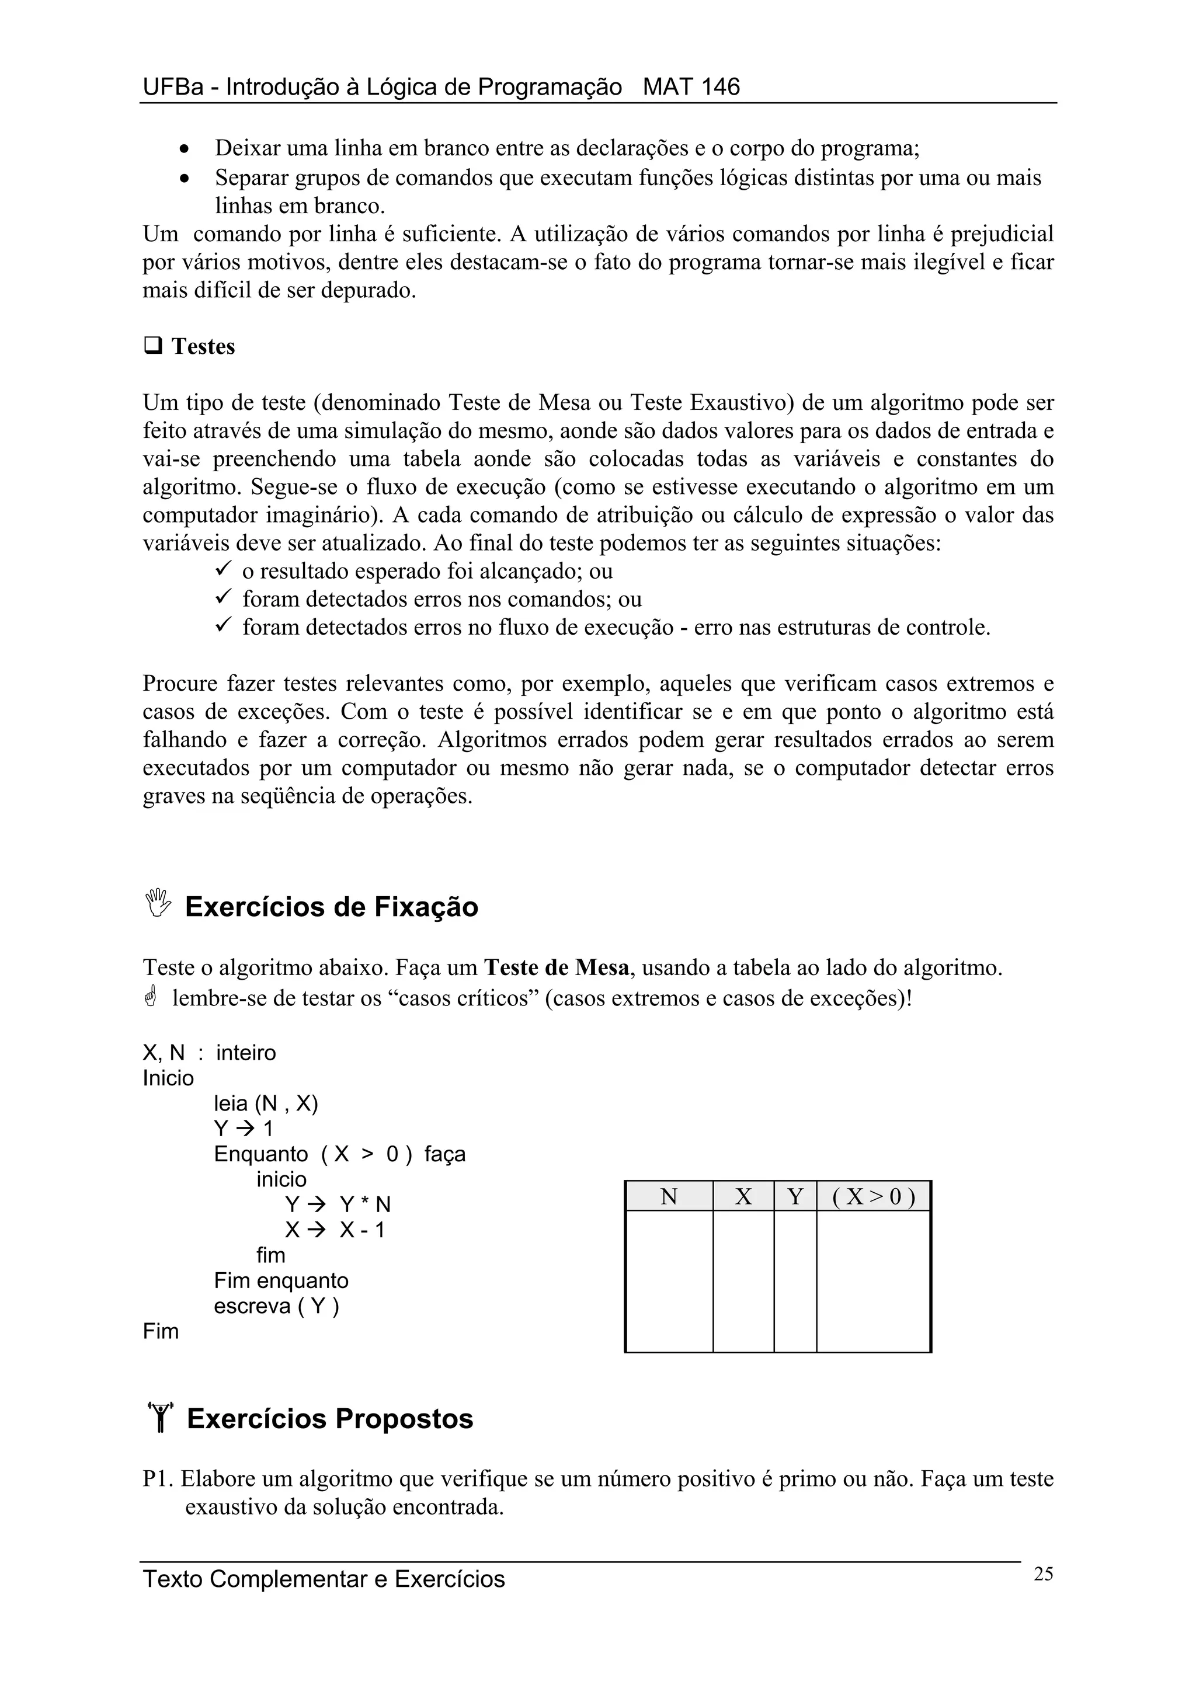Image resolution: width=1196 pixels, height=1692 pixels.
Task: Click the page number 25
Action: [x=1043, y=1574]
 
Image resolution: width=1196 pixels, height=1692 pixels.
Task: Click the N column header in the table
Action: [x=669, y=1197]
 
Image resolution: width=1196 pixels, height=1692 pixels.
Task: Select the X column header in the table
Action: [x=743, y=1197]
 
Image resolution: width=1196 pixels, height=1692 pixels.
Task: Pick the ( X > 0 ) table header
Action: [x=873, y=1197]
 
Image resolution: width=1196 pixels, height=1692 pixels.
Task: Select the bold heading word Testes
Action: [x=203, y=346]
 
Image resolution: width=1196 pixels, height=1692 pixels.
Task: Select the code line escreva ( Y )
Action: [x=276, y=1306]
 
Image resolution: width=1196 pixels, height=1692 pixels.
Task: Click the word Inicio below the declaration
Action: [x=168, y=1078]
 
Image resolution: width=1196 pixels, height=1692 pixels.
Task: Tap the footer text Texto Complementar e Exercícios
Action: [x=324, y=1579]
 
